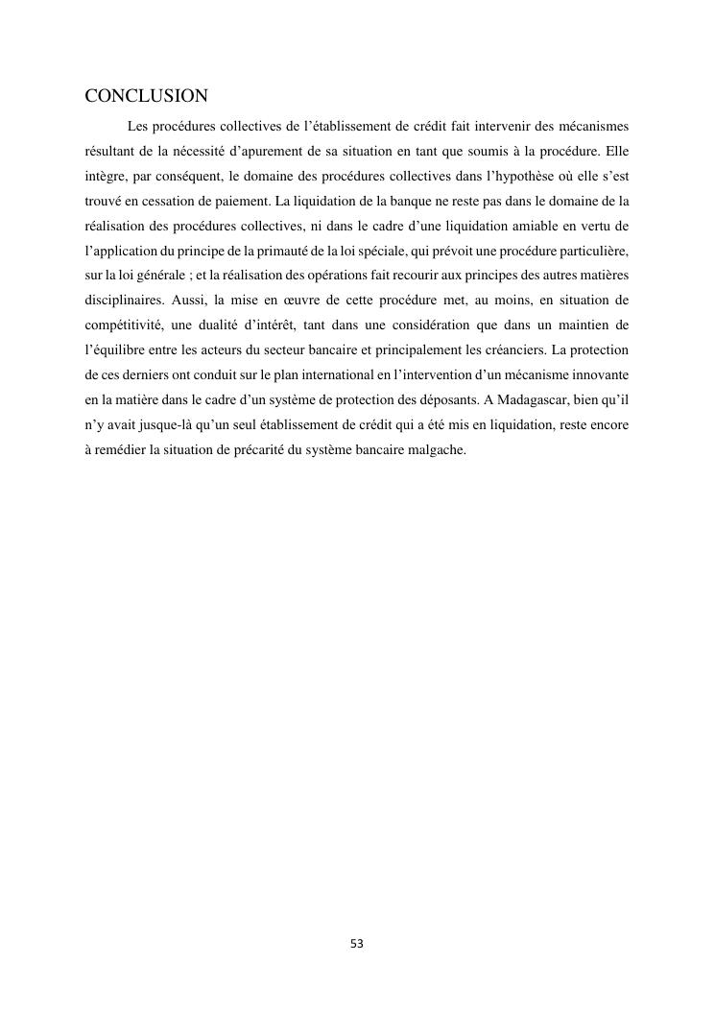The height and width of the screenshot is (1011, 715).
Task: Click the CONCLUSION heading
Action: coord(147,96)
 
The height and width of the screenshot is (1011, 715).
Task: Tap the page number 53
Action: coord(357,944)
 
